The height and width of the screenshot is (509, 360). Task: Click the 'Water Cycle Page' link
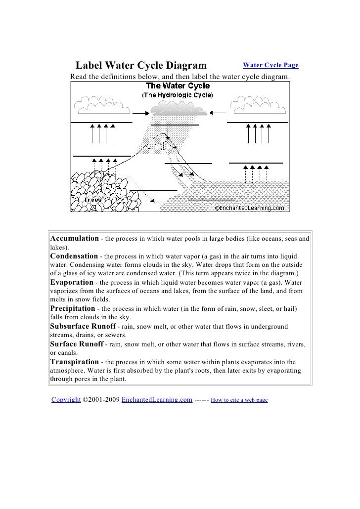pos(270,65)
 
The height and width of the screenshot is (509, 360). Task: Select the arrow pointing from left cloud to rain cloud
pos(140,113)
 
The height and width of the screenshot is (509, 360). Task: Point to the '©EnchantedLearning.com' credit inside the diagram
pos(250,208)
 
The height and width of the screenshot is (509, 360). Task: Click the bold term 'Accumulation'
pos(75,239)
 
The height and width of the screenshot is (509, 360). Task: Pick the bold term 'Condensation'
pos(74,256)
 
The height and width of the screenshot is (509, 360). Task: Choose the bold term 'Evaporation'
pos(72,282)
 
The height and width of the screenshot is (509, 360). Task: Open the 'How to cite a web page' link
pos(239,400)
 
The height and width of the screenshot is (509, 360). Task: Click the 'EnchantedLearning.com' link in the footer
pos(157,399)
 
